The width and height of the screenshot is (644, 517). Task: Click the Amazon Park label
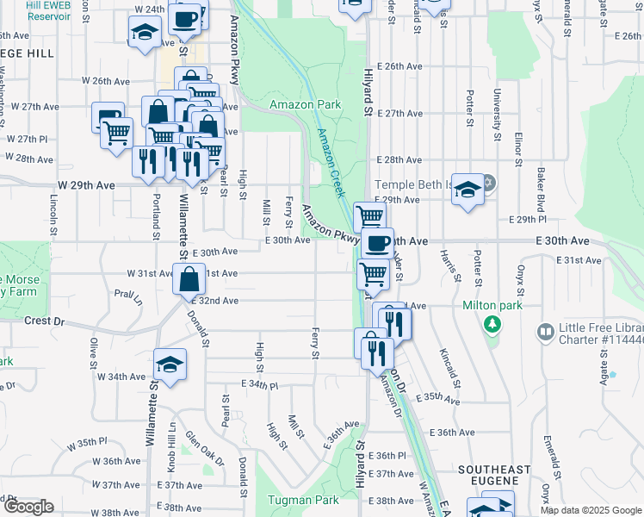tap(305, 105)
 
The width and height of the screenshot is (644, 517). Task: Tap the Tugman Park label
tap(302, 500)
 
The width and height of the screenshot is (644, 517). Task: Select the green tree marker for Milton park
tap(492, 325)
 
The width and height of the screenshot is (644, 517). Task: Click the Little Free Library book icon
tap(544, 332)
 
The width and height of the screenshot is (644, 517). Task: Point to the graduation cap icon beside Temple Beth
tap(468, 190)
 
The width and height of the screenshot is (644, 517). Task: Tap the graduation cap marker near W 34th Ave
tap(170, 364)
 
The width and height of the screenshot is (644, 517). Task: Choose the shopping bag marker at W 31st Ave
tap(189, 279)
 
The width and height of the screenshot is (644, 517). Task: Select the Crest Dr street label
tap(46, 321)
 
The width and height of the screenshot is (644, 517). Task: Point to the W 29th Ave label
tap(86, 185)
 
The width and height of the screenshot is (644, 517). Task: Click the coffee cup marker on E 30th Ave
tap(375, 244)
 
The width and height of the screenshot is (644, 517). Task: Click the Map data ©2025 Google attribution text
tap(590, 510)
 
